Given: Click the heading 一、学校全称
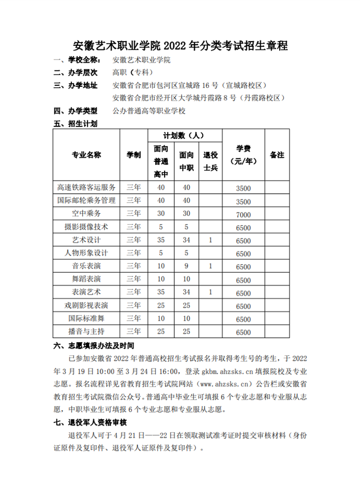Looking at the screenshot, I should [x=79, y=60].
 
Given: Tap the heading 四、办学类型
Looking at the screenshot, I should [x=79, y=111].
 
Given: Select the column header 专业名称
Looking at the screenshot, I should [x=86, y=155].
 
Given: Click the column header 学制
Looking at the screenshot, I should [x=134, y=155].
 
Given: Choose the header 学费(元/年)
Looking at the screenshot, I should [x=243, y=155].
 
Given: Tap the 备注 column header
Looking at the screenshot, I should [x=277, y=155].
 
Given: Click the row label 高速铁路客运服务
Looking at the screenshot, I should [x=86, y=187].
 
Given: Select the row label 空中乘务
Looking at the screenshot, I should [x=86, y=214].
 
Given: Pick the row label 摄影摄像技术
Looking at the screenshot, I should [x=86, y=227].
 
